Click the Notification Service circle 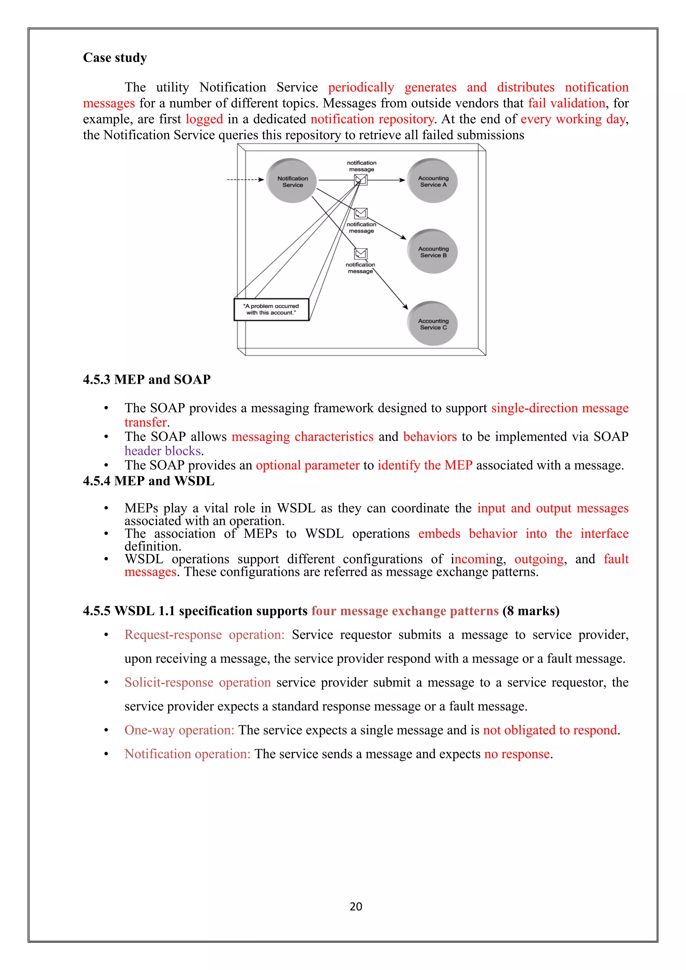click(292, 181)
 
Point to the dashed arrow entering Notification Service click(245, 180)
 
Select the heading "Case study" click(115, 58)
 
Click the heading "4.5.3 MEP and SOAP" click(147, 379)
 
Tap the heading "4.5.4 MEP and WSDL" click(148, 481)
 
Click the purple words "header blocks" click(163, 451)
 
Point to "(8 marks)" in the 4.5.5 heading click(531, 611)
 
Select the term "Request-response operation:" click(204, 635)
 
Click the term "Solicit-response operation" click(197, 682)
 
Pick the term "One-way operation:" click(179, 730)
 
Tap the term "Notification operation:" click(187, 754)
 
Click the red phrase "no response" click(517, 754)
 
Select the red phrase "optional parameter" click(307, 465)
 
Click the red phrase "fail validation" click(566, 103)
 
